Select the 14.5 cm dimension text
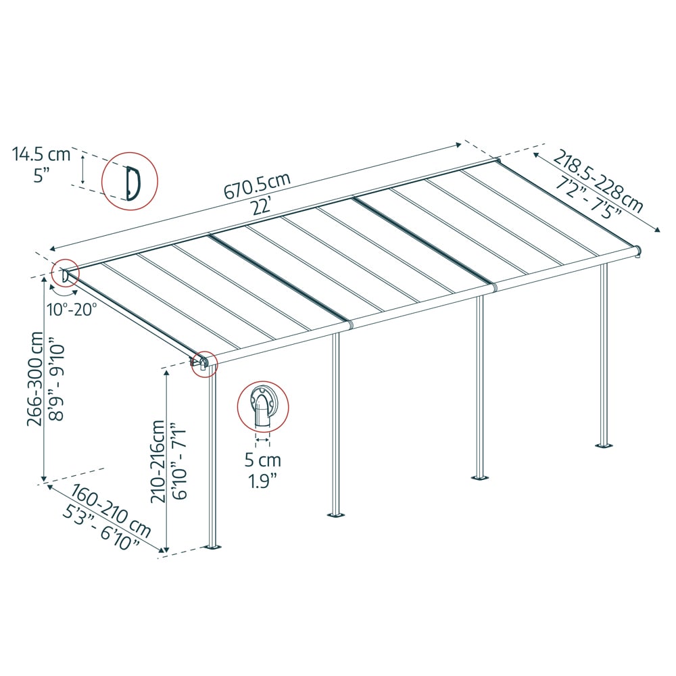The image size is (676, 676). click(x=41, y=154)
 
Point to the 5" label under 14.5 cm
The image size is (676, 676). click(x=41, y=176)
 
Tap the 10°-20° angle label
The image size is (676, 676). click(x=72, y=309)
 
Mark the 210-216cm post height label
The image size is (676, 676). click(x=158, y=461)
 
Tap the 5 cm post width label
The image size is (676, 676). click(x=262, y=461)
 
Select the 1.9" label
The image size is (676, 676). click(x=262, y=482)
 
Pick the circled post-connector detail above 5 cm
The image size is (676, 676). click(x=262, y=406)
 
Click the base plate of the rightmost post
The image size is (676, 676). click(x=604, y=445)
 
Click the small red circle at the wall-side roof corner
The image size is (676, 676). click(x=66, y=274)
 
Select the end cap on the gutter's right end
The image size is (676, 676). click(x=637, y=251)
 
